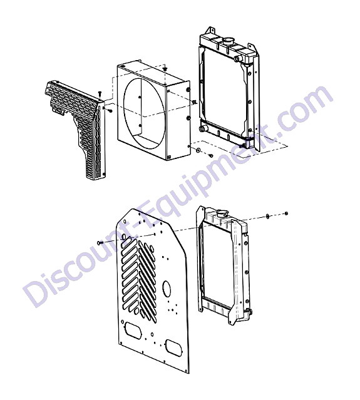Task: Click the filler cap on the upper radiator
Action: (x=229, y=40)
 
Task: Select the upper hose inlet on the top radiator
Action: (x=237, y=58)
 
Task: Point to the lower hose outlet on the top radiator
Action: (x=203, y=128)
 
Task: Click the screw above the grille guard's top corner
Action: (x=100, y=93)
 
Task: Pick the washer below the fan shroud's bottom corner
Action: (x=198, y=150)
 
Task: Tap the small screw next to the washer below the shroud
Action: (x=211, y=155)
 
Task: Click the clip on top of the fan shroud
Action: (x=165, y=68)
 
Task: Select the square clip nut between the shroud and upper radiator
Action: (x=195, y=102)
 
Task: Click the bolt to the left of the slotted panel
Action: (x=100, y=243)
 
